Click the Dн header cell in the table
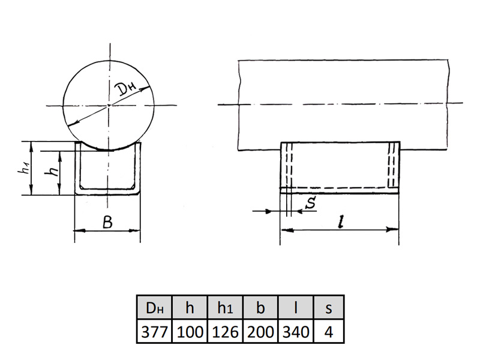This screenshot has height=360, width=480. click(x=155, y=307)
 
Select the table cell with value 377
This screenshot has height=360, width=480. click(x=155, y=331)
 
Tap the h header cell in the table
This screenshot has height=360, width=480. click(x=190, y=307)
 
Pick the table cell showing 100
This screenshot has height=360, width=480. click(x=190, y=331)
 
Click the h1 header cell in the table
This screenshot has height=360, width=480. click(x=225, y=307)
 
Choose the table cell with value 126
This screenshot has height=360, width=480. click(x=225, y=331)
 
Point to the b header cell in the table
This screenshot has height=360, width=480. click(x=260, y=307)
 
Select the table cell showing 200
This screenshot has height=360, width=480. click(x=260, y=331)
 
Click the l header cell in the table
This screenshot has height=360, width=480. click(x=295, y=307)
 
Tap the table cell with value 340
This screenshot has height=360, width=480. click(x=295, y=331)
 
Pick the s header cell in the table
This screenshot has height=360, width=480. click(x=329, y=307)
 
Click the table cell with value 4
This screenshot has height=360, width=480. click(x=329, y=331)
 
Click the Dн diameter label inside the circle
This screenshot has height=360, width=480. click(x=126, y=89)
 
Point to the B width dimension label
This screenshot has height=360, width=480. click(x=108, y=222)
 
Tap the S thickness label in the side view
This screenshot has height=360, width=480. click(x=311, y=202)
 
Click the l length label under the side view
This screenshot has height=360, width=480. click(x=340, y=221)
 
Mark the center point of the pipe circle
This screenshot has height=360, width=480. click(x=109, y=106)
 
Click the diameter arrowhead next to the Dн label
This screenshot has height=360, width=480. click(x=145, y=89)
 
